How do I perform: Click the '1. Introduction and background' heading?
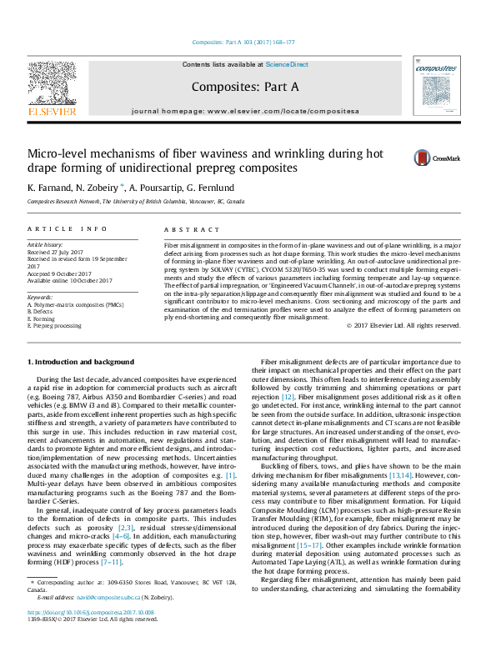(x=92, y=362)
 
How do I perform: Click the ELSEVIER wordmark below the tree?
(x=53, y=111)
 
